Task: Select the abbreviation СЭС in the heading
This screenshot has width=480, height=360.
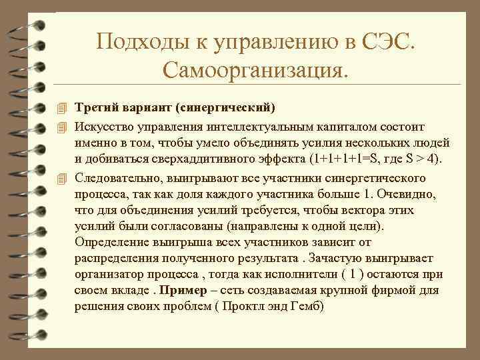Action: coord(389,42)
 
